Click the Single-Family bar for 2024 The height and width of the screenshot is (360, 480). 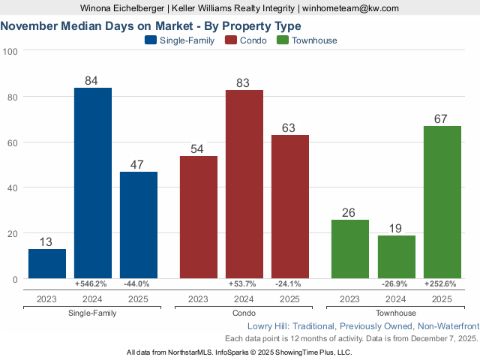tap(92, 183)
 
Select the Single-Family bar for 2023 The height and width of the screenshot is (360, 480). tap(47, 264)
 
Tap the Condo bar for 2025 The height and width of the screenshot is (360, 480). tap(290, 207)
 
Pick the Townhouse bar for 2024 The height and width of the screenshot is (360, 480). tap(397, 257)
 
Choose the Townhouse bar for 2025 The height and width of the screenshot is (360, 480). tap(442, 202)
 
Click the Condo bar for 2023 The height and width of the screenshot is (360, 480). tap(199, 217)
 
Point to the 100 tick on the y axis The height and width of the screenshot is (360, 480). tap(10, 51)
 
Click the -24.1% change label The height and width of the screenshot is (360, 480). tap(289, 284)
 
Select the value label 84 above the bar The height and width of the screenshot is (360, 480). tap(92, 80)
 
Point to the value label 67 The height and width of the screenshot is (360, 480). tap(442, 118)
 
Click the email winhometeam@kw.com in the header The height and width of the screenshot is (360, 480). tap(350, 8)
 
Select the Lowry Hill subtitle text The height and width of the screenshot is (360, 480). tap(362, 326)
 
